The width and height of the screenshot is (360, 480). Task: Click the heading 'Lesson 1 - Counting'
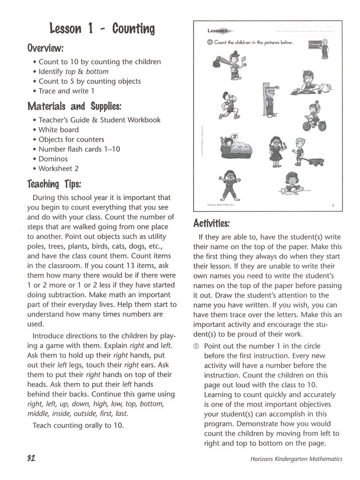(x=102, y=29)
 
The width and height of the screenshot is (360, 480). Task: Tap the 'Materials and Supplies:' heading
(x=75, y=106)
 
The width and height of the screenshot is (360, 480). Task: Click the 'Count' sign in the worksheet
(x=315, y=44)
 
